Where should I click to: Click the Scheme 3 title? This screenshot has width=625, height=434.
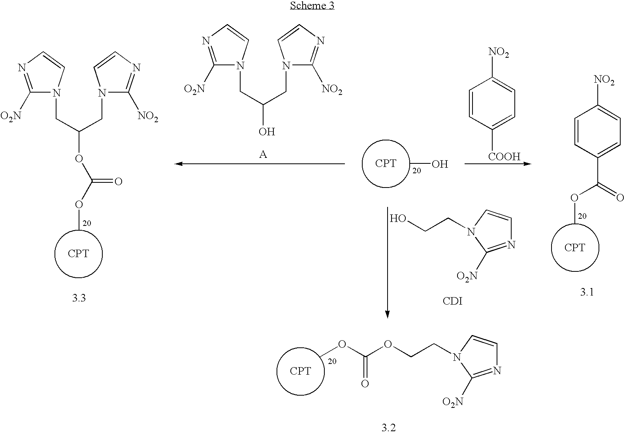point(312,6)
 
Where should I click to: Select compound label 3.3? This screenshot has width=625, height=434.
point(79,298)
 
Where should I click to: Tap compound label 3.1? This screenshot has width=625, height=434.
point(587,292)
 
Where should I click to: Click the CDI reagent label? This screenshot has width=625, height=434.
point(453,301)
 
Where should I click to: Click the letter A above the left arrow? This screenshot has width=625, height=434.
point(263,154)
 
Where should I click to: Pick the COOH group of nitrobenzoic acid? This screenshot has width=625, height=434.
point(504,157)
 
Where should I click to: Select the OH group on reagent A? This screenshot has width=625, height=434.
point(267,132)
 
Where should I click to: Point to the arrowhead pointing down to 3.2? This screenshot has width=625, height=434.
point(388,315)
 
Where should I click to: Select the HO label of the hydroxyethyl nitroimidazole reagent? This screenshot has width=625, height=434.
point(398,218)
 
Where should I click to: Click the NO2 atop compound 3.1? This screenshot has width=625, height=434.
point(604,80)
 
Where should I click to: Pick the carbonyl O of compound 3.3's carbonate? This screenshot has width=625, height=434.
point(118,182)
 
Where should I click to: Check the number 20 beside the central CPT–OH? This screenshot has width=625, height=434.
point(416,171)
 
